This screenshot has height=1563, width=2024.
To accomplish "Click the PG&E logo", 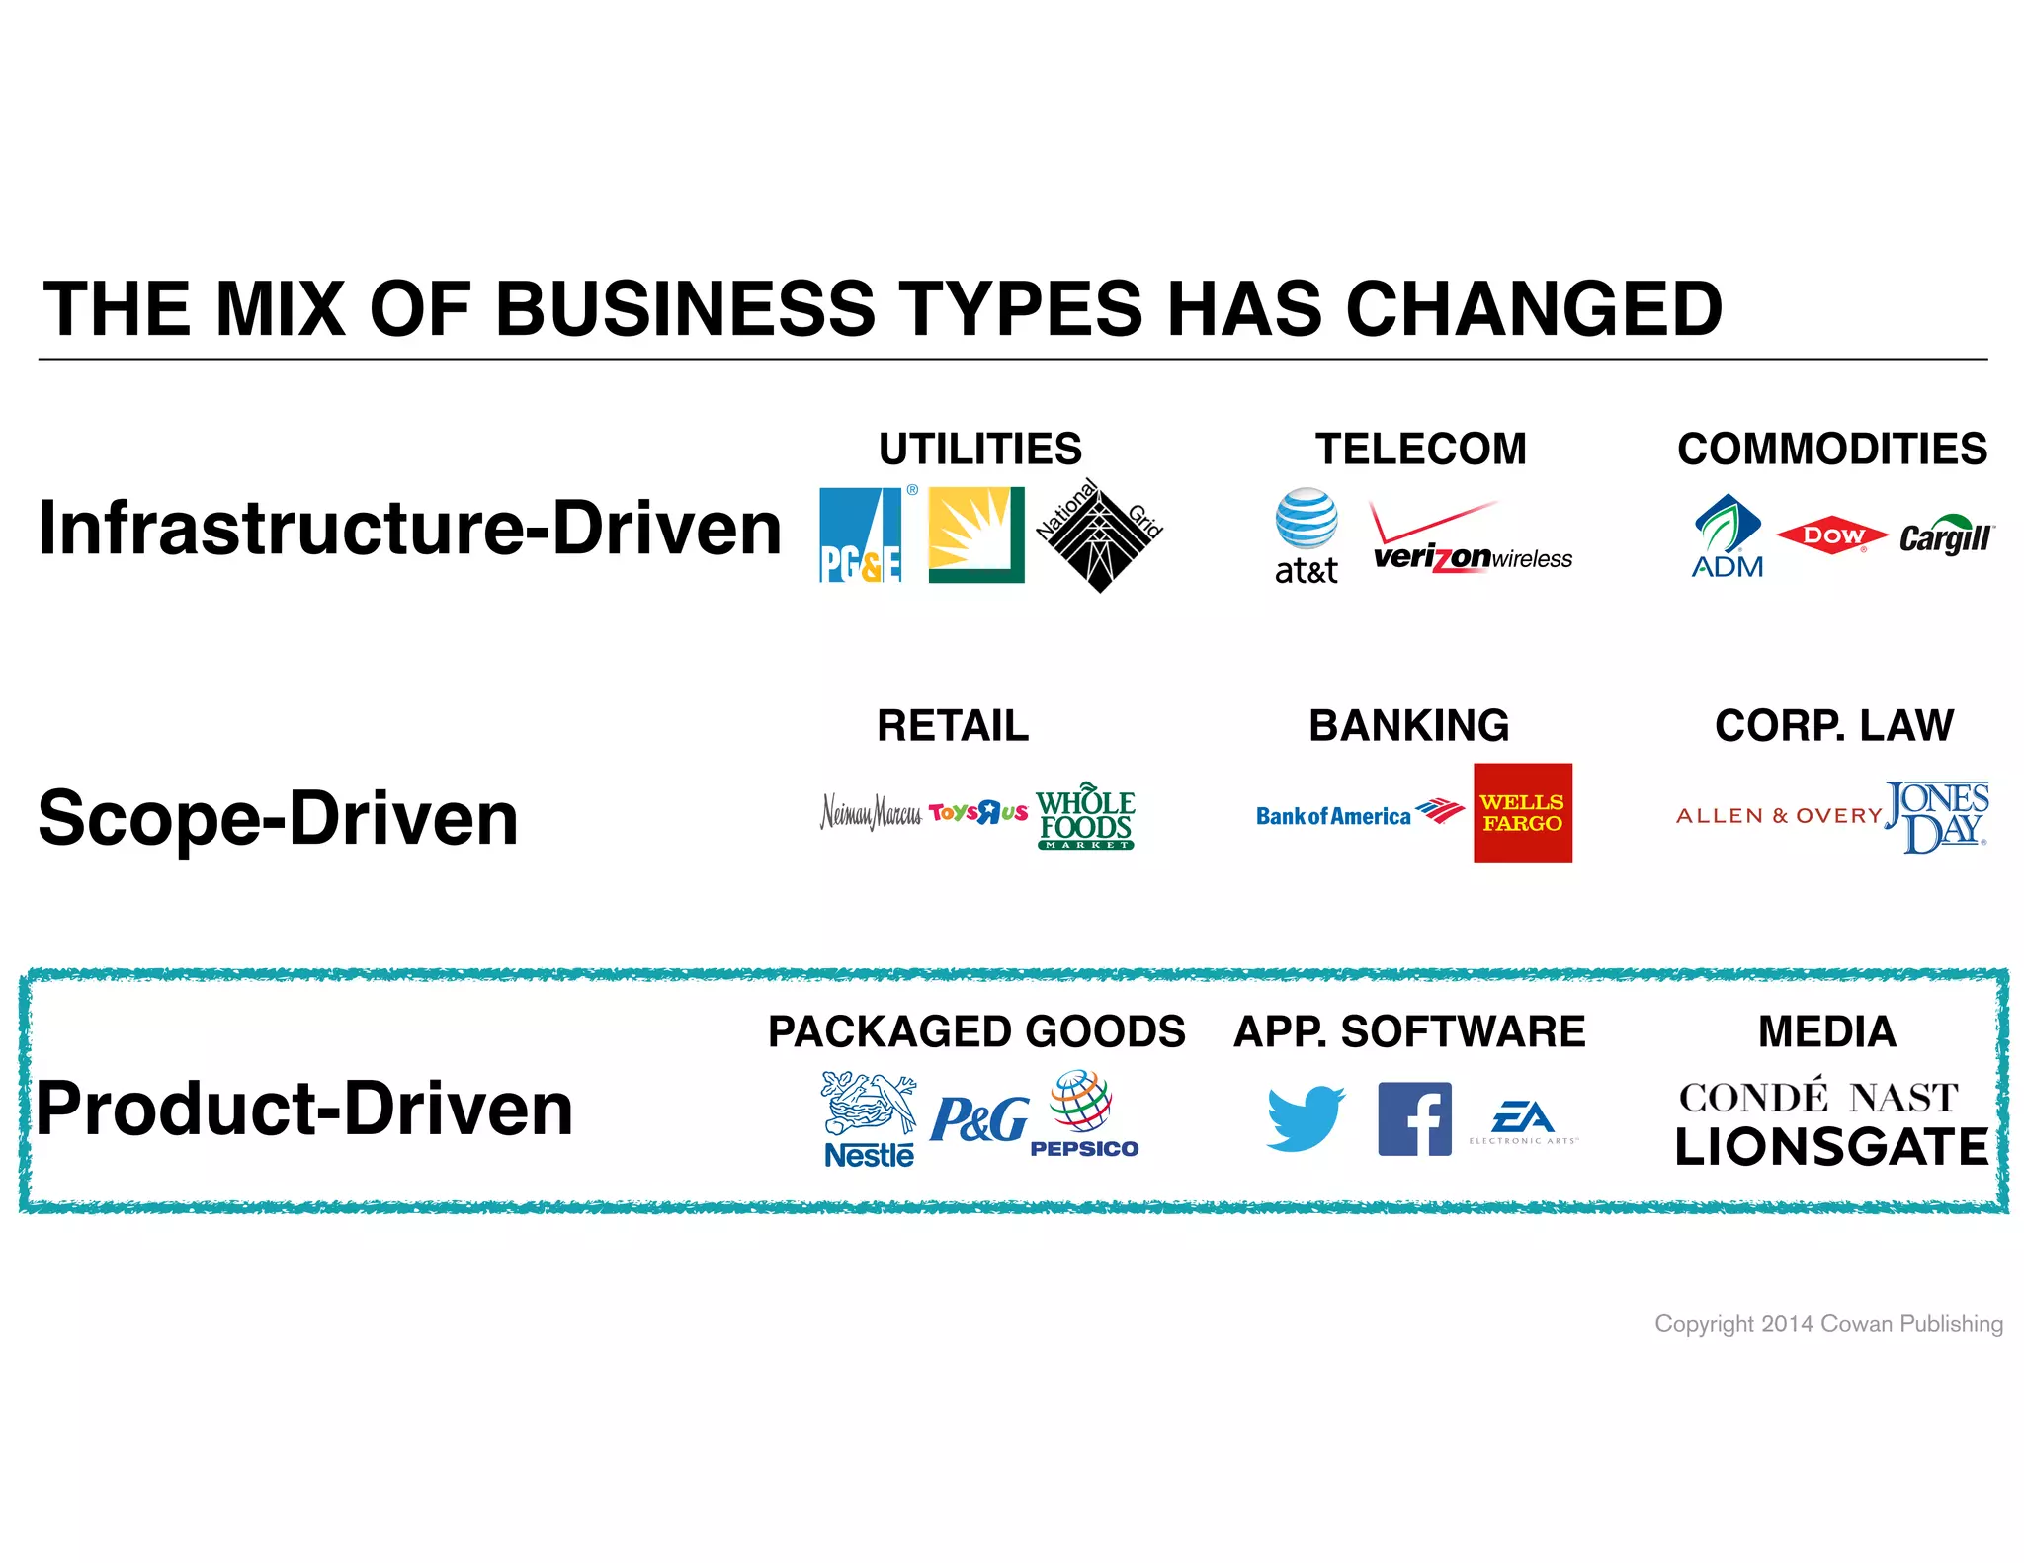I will pos(861,535).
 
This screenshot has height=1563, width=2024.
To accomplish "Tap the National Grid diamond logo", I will pos(1099,535).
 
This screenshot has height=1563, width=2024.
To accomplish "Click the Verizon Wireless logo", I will pos(1471,539).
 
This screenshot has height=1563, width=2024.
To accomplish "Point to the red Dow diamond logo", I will pos(1832,535).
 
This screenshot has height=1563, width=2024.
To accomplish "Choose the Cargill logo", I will pos(1945,535).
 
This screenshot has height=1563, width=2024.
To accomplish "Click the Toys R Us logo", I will pos(977,813).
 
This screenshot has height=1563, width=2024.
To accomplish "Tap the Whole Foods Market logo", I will pos(1085,816).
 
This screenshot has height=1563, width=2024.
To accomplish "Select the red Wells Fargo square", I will pos(1522,812).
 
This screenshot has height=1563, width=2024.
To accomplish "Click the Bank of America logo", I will pos(1359,814).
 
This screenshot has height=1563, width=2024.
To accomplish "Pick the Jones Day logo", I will pos(1936,816).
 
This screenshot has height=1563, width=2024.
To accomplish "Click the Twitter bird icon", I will pos(1306,1117).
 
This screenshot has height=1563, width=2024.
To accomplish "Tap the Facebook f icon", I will pos(1414,1118).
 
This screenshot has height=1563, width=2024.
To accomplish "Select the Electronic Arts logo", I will pos(1523,1121).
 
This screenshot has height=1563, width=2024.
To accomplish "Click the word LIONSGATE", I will pos(1831,1148).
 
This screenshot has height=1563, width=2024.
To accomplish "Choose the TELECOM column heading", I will pos(1420,450).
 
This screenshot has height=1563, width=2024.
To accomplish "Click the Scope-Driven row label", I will pos(278,818).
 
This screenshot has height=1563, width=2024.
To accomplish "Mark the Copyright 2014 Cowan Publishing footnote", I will pos(1828,1323).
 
